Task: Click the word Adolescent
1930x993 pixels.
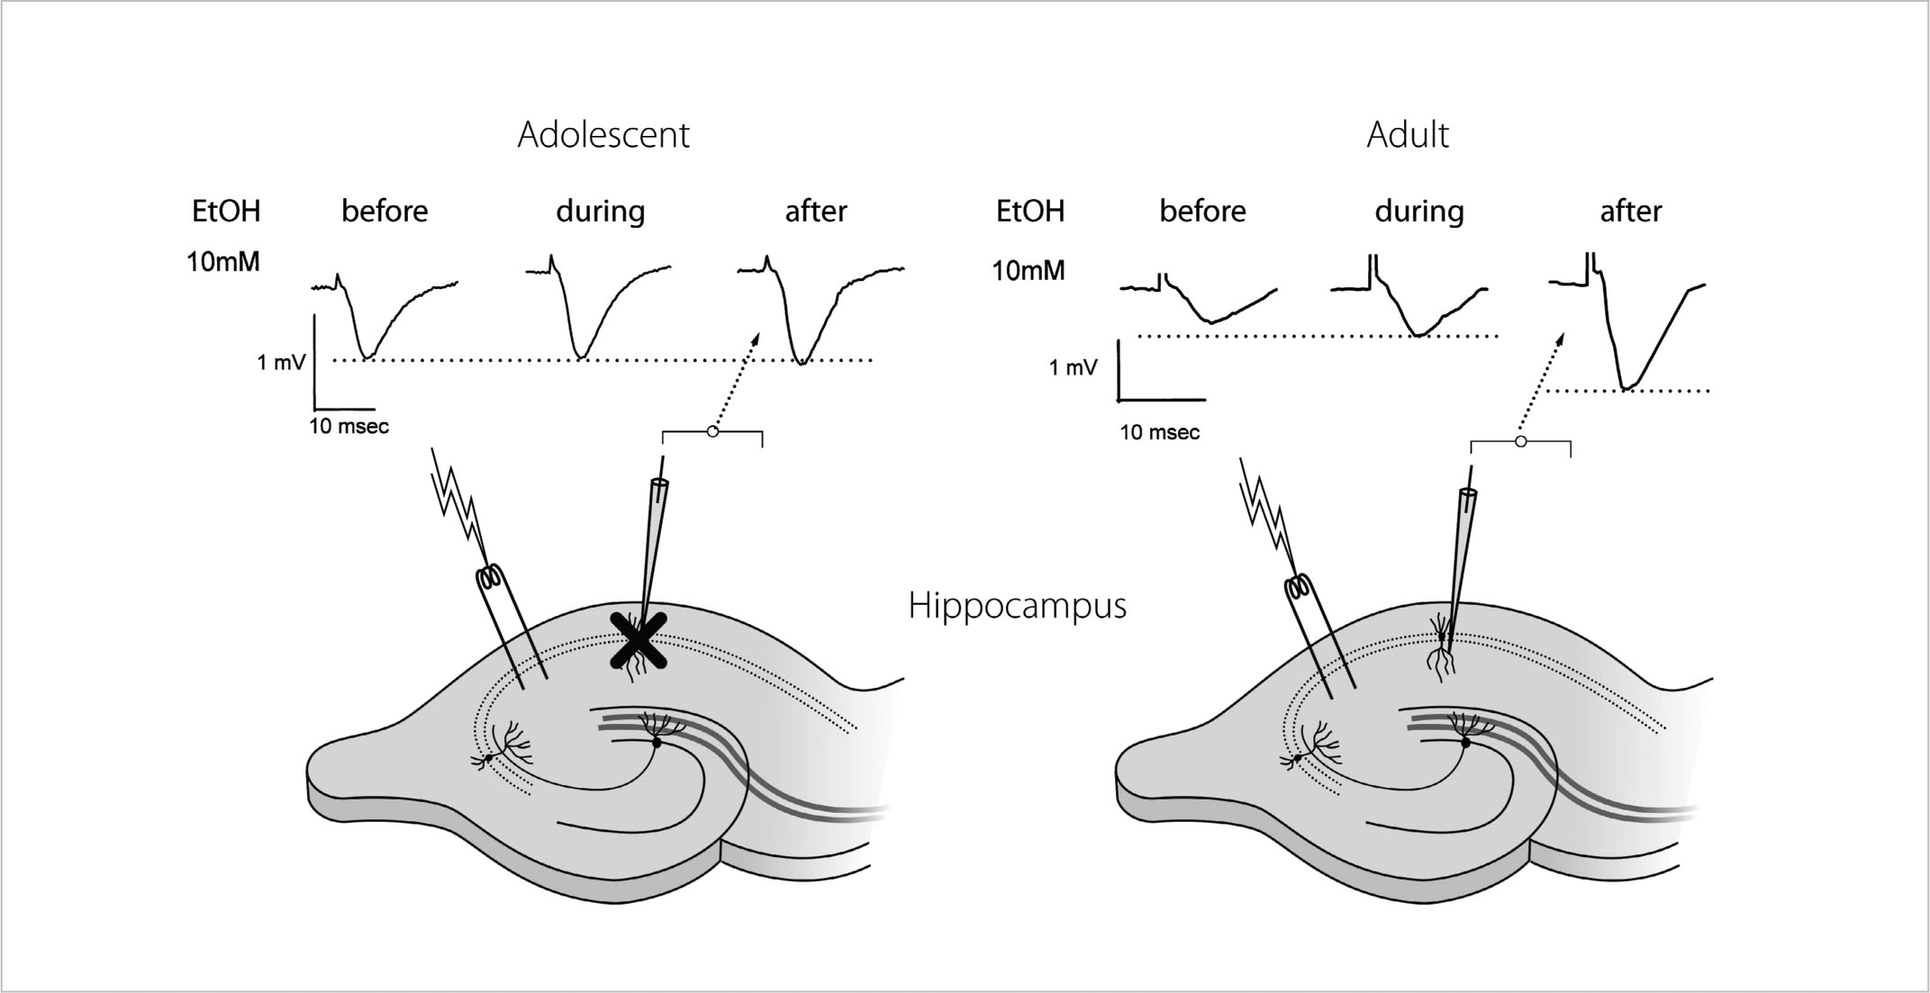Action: (603, 135)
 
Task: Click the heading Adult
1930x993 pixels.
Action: (1407, 135)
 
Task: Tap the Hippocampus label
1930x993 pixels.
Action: (1017, 606)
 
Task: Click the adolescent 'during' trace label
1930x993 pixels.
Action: (600, 212)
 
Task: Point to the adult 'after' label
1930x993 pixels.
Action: (1630, 212)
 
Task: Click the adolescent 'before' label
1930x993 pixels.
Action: (385, 212)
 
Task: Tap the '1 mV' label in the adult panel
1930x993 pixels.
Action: (1073, 368)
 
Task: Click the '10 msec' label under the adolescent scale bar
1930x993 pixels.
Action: (349, 427)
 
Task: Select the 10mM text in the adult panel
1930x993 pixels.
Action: (1028, 271)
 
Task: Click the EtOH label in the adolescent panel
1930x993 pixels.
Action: (226, 212)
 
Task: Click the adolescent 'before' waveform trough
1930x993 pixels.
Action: (366, 357)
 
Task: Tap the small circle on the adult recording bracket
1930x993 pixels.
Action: (1520, 442)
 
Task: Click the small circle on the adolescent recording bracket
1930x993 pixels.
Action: (712, 432)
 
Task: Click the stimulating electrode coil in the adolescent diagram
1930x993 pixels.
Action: (490, 577)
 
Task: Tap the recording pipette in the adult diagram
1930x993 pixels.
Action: (1462, 540)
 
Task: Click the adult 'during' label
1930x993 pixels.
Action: (1418, 212)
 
